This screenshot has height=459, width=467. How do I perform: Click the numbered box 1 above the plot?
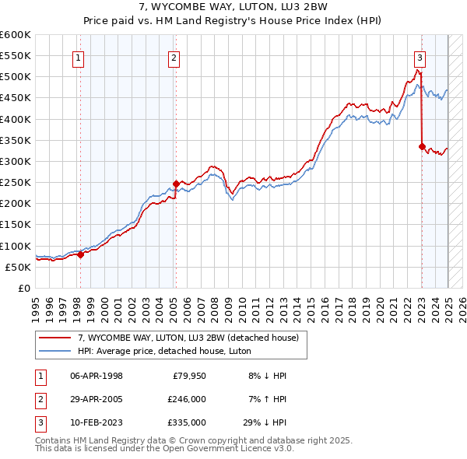pyautogui.click(x=79, y=57)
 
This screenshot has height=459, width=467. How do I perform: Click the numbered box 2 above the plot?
pyautogui.click(x=174, y=57)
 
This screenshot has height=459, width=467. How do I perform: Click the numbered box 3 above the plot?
pyautogui.click(x=420, y=57)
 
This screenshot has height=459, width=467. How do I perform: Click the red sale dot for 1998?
pyautogui.click(x=80, y=254)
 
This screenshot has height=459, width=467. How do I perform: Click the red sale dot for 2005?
pyautogui.click(x=176, y=184)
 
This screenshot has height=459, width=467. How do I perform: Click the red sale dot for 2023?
pyautogui.click(x=422, y=146)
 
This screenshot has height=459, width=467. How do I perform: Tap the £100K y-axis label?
pyautogui.click(x=16, y=246)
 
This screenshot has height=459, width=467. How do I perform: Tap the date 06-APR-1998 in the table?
pyautogui.click(x=97, y=377)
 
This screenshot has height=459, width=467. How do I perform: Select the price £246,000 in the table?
pyautogui.click(x=187, y=399)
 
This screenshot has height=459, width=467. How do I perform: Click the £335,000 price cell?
pyautogui.click(x=187, y=422)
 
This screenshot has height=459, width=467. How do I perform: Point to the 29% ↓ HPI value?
pyautogui.click(x=265, y=422)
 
